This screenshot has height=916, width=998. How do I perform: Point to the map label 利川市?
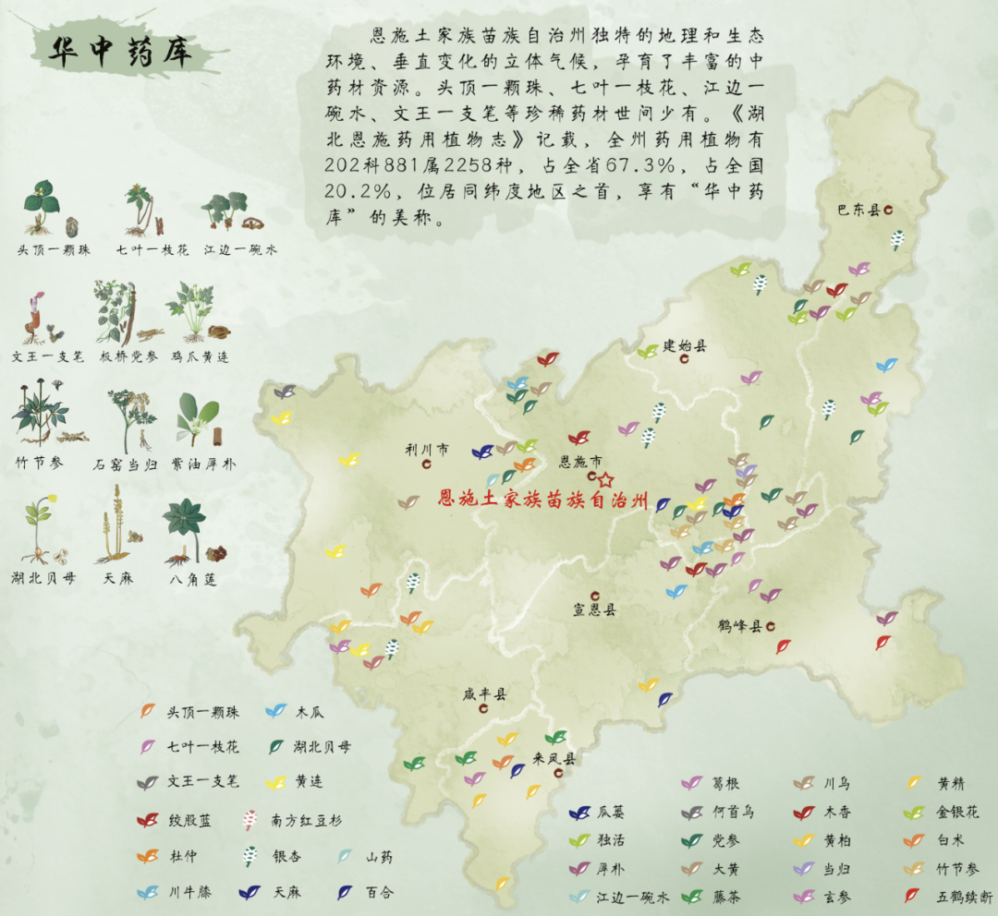tap(427, 451)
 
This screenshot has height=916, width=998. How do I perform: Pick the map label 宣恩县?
tap(594, 610)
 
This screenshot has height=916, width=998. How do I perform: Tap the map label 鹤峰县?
tap(739, 626)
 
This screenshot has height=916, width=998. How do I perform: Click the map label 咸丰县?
tap(485, 694)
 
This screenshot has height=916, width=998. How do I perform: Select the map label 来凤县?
tap(554, 759)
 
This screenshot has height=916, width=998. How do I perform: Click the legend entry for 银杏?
tap(286, 856)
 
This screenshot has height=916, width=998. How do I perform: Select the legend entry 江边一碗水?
tap(631, 896)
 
